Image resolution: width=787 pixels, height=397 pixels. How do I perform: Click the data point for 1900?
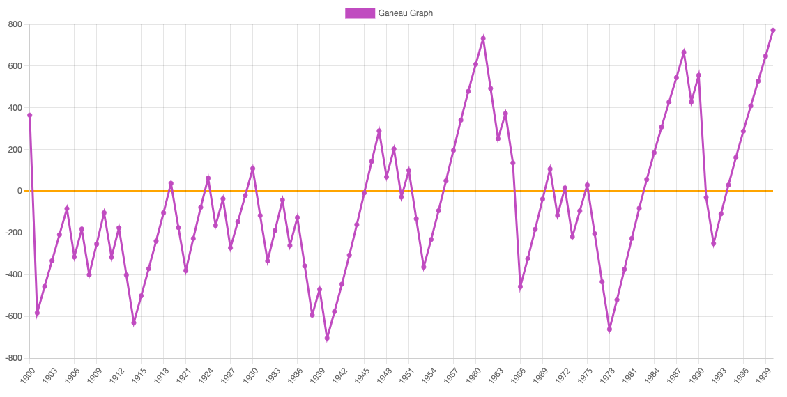[x=29, y=115]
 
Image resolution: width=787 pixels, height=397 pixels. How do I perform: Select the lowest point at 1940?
[x=327, y=338]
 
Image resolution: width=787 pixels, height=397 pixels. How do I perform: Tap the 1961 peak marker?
[x=483, y=38]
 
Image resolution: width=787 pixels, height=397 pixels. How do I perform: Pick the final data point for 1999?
[x=773, y=30]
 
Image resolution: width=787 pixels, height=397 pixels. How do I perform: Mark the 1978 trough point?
[x=609, y=329]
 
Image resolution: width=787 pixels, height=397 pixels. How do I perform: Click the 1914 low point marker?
[x=134, y=322]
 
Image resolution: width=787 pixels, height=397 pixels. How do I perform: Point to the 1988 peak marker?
[x=684, y=52]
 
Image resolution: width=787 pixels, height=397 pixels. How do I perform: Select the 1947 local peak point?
[x=379, y=130]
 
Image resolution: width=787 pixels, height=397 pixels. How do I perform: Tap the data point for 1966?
[x=520, y=286]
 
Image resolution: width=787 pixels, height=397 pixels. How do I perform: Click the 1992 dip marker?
[x=714, y=243]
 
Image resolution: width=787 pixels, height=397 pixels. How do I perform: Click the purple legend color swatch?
[x=360, y=13]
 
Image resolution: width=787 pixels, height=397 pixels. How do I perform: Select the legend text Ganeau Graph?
[x=406, y=13]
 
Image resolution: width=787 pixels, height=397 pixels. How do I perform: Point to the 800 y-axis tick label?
[x=15, y=24]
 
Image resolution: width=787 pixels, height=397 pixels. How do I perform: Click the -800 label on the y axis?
[x=13, y=358]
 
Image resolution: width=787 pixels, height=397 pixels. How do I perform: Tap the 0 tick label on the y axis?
[x=20, y=191]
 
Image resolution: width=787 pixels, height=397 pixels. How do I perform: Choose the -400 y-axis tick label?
[x=13, y=274]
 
